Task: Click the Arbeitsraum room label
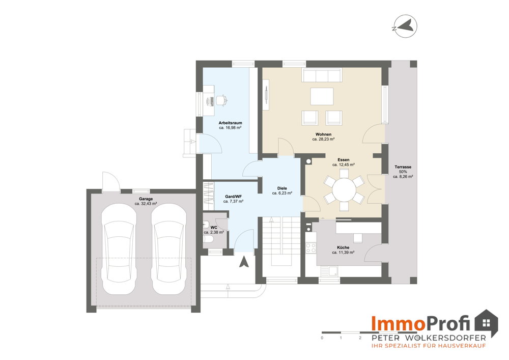(230, 123)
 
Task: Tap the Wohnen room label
(323, 134)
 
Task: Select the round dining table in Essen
(344, 189)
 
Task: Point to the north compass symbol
(405, 26)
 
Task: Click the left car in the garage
(119, 248)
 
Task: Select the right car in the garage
(169, 248)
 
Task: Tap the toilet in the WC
(208, 239)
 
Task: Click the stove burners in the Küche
(311, 248)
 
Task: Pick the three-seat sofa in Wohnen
(321, 75)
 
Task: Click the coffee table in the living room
(322, 96)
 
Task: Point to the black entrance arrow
(244, 261)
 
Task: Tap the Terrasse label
(403, 167)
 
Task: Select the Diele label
(282, 188)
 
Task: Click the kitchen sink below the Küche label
(332, 271)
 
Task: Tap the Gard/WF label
(234, 197)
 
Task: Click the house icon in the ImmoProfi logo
(486, 323)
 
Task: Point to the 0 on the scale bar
(322, 338)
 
